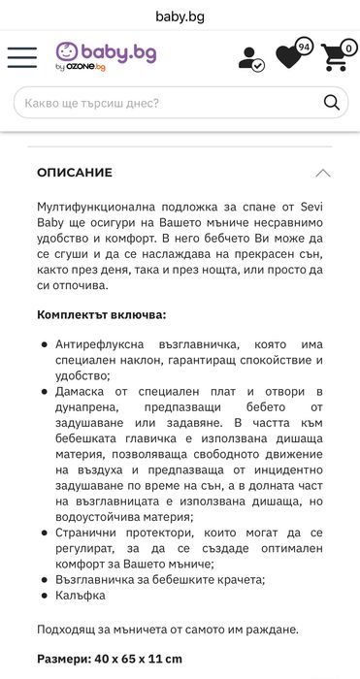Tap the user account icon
250,57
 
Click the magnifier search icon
332,102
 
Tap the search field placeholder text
92,102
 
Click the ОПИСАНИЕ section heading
75,173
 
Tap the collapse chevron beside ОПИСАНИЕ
323,173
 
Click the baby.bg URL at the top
180,16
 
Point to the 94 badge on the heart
304,46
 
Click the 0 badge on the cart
349,47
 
